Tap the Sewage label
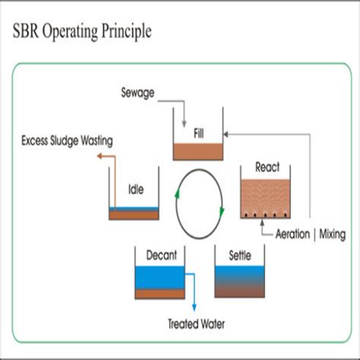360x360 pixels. point(139,93)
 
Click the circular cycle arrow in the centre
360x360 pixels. point(201,204)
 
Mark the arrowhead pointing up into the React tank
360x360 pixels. point(264,223)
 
